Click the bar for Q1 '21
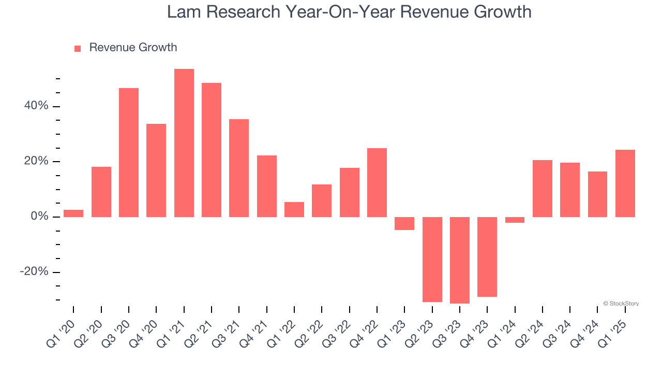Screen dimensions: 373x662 pos(184,142)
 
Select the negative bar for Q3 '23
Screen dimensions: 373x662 pos(460,260)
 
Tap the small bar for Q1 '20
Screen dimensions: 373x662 pos(73,213)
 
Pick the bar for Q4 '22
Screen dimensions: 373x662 pos(377,182)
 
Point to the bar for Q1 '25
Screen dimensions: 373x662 pos(625,183)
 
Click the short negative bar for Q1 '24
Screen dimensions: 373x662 pos(515,220)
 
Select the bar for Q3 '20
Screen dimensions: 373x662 pos(129,152)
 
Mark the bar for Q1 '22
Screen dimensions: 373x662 pos(294,209)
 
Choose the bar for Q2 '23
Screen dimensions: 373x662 pos(432,259)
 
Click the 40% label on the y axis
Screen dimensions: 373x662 pos(36,106)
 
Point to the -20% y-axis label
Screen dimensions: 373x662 pos(34,272)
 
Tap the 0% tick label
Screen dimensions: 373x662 pos(39,217)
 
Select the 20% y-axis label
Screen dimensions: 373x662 pos(36,162)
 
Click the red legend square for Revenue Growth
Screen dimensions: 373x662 pos(78,49)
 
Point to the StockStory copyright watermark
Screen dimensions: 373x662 pos(621,304)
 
